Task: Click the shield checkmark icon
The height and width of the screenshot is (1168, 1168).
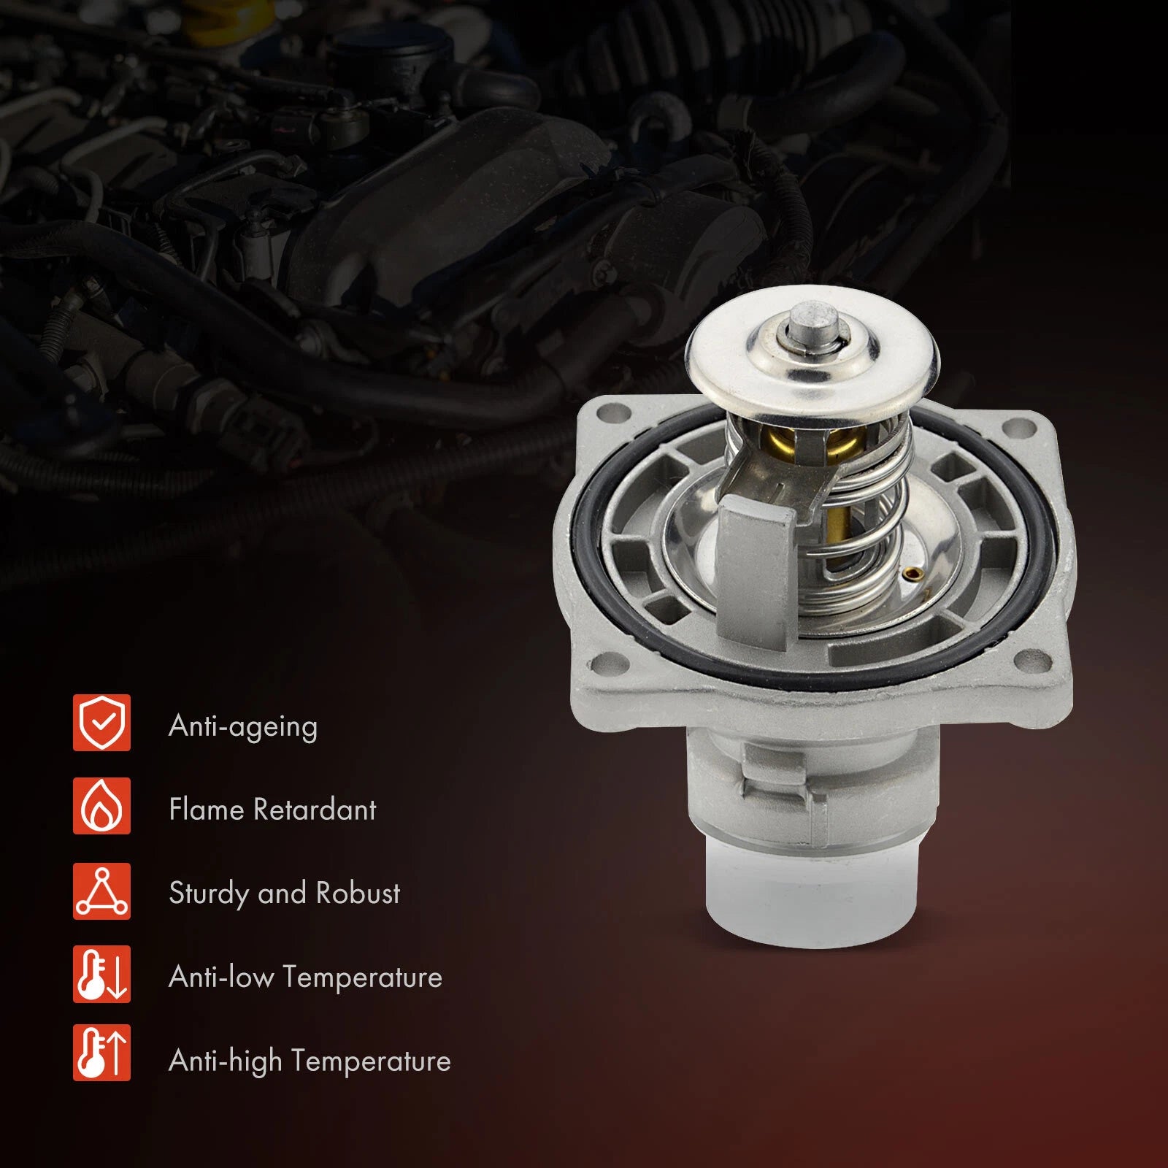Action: point(101,723)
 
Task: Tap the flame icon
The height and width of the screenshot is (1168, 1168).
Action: point(101,806)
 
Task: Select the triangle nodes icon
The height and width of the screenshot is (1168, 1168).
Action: point(101,891)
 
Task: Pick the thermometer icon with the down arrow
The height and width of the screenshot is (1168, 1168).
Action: point(101,974)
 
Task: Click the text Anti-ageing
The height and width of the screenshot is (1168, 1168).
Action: point(243,727)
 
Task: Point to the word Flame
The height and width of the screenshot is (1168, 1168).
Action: point(206,809)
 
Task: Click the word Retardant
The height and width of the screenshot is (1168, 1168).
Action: point(315,809)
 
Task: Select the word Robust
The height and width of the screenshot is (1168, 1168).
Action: point(358,893)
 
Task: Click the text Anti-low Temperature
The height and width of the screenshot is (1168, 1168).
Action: point(305,977)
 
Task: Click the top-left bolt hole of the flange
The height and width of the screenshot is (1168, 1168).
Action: point(607,418)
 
